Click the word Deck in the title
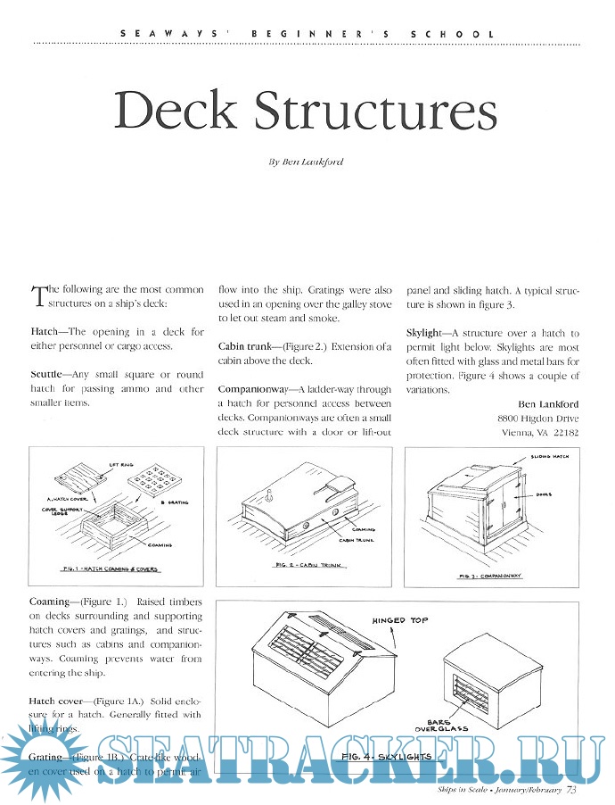point(176,111)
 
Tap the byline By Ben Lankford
point(307,162)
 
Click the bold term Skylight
point(429,332)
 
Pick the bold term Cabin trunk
point(247,346)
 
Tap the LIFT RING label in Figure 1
point(121,465)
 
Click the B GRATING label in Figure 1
point(171,502)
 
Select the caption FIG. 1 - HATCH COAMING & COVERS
point(111,568)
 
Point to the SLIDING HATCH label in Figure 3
point(549,456)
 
